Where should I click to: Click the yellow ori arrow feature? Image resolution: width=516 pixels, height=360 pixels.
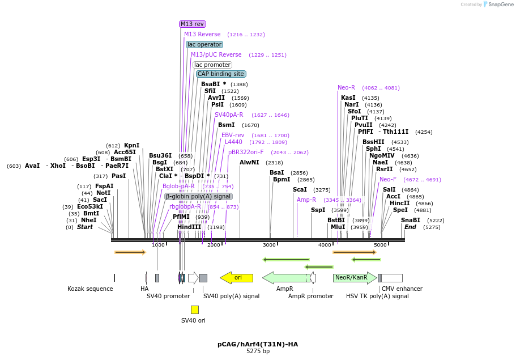click(x=237, y=278)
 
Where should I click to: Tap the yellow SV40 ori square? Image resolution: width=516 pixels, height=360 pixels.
click(x=195, y=310)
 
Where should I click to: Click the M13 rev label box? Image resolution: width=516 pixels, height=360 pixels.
click(x=193, y=24)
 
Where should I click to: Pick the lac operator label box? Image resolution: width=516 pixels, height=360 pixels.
click(x=204, y=44)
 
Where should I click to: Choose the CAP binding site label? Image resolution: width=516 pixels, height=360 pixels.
click(x=221, y=74)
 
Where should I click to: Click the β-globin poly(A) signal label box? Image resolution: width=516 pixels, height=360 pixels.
click(x=199, y=196)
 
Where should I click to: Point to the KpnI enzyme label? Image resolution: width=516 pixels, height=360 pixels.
click(x=131, y=146)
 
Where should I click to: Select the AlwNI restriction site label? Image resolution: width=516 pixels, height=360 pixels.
click(x=249, y=163)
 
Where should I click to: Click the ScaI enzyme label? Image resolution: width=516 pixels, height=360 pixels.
click(x=300, y=190)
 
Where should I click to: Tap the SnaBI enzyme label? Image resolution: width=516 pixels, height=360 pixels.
click(x=411, y=221)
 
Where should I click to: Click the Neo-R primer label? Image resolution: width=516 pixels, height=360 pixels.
click(x=346, y=88)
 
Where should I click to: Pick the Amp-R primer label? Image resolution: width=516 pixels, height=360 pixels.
click(x=306, y=200)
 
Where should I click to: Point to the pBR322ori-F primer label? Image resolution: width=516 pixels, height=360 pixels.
click(x=246, y=153)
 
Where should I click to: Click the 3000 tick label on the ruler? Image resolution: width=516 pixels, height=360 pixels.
click(x=269, y=245)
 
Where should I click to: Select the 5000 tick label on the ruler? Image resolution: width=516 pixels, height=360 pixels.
click(x=380, y=245)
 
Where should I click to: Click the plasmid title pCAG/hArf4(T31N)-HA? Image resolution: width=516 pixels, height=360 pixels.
click(x=258, y=344)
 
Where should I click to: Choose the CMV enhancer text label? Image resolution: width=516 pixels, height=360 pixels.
click(x=402, y=289)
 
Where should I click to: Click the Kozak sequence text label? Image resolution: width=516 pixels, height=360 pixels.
click(x=90, y=289)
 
